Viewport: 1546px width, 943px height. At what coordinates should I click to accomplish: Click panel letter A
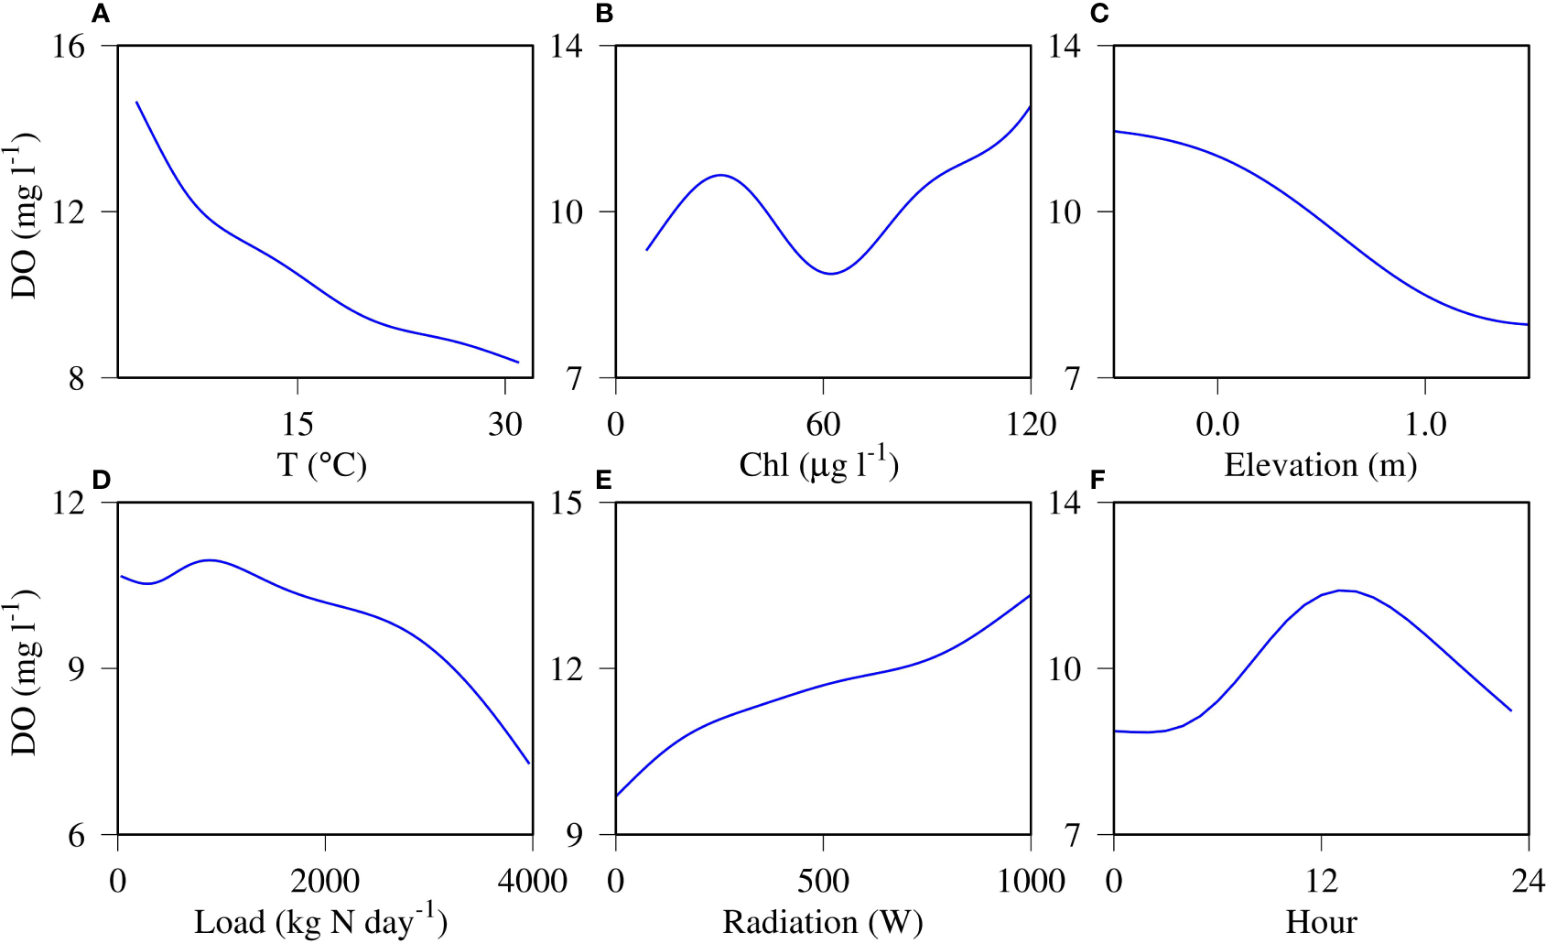pyautogui.click(x=101, y=14)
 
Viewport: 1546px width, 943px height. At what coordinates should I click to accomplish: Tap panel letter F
pyautogui.click(x=1098, y=480)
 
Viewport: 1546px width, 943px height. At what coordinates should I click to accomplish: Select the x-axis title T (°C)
pyautogui.click(x=322, y=465)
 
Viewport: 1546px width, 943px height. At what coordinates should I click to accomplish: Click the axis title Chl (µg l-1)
pyautogui.click(x=819, y=463)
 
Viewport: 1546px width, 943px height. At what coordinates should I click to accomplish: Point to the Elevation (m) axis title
pyautogui.click(x=1320, y=465)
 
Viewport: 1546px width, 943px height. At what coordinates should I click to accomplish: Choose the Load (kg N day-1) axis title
pyautogui.click(x=320, y=921)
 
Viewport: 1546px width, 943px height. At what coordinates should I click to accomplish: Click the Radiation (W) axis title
pyautogui.click(x=822, y=922)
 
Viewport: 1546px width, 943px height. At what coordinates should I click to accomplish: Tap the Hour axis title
pyautogui.click(x=1321, y=922)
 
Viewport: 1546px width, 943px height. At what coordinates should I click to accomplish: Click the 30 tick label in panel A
pyautogui.click(x=504, y=424)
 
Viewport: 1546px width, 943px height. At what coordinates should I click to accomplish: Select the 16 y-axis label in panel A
pyautogui.click(x=69, y=46)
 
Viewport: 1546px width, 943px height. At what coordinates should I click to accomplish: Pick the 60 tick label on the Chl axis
pyautogui.click(x=823, y=424)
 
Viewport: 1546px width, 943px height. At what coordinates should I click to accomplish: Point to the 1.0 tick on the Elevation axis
pyautogui.click(x=1424, y=424)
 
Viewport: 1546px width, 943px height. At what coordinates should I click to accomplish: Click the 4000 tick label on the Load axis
pyautogui.click(x=532, y=881)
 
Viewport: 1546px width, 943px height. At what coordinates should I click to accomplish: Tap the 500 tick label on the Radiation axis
pyautogui.click(x=823, y=881)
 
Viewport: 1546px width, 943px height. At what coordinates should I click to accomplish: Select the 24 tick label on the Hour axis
pyautogui.click(x=1528, y=881)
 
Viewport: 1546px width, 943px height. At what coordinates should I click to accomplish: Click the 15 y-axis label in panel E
pyautogui.click(x=567, y=503)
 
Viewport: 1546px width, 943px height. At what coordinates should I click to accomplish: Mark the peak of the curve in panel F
pyautogui.click(x=1341, y=591)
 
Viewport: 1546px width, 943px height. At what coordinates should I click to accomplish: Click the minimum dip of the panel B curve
pyautogui.click(x=830, y=273)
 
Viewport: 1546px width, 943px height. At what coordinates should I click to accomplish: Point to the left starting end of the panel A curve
pyautogui.click(x=137, y=103)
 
